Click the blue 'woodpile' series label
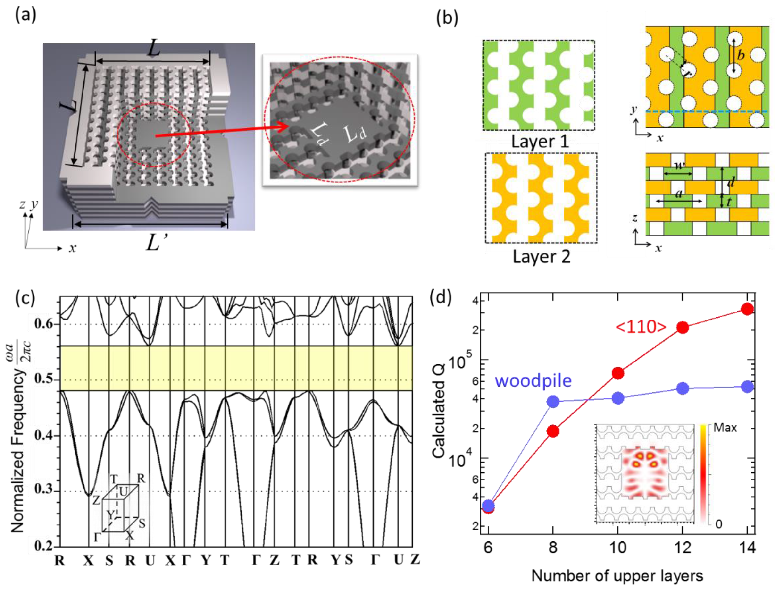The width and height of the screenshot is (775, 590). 533,381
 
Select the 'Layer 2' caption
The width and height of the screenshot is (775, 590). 541,257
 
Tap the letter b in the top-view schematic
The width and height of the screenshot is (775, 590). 741,56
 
